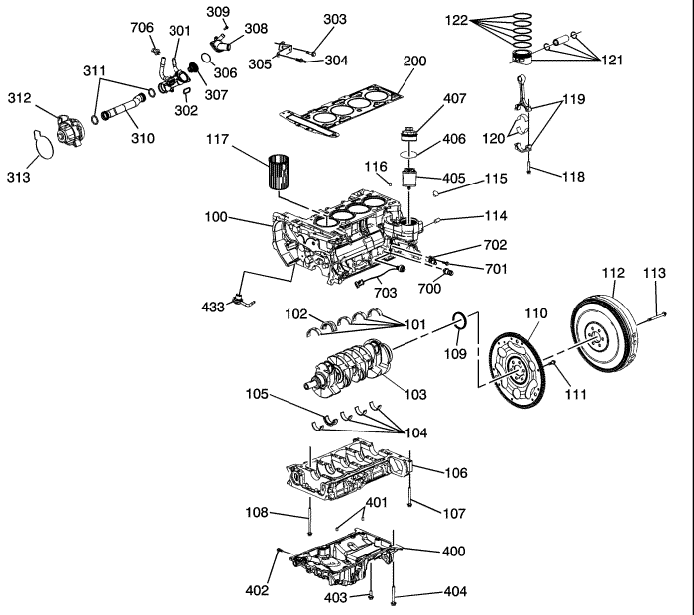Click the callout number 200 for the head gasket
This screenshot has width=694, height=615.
tap(414, 61)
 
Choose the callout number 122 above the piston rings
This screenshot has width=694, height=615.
tap(456, 19)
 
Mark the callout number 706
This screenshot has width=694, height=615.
tap(143, 27)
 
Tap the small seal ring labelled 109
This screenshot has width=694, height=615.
tap(460, 320)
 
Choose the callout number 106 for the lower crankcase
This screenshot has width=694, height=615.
tap(455, 473)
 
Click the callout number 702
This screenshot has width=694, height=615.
tap(496, 244)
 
